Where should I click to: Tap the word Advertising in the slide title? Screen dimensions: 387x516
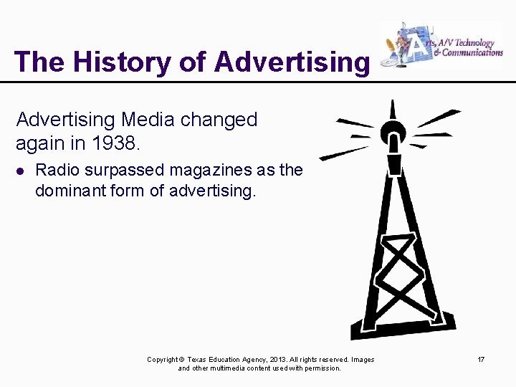click(x=292, y=62)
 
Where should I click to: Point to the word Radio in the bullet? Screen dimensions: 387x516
click(x=57, y=171)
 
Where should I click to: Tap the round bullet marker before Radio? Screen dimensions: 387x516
click(x=20, y=171)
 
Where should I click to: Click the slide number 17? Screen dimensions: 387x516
click(x=481, y=359)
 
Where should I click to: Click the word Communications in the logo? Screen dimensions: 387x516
click(x=474, y=52)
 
